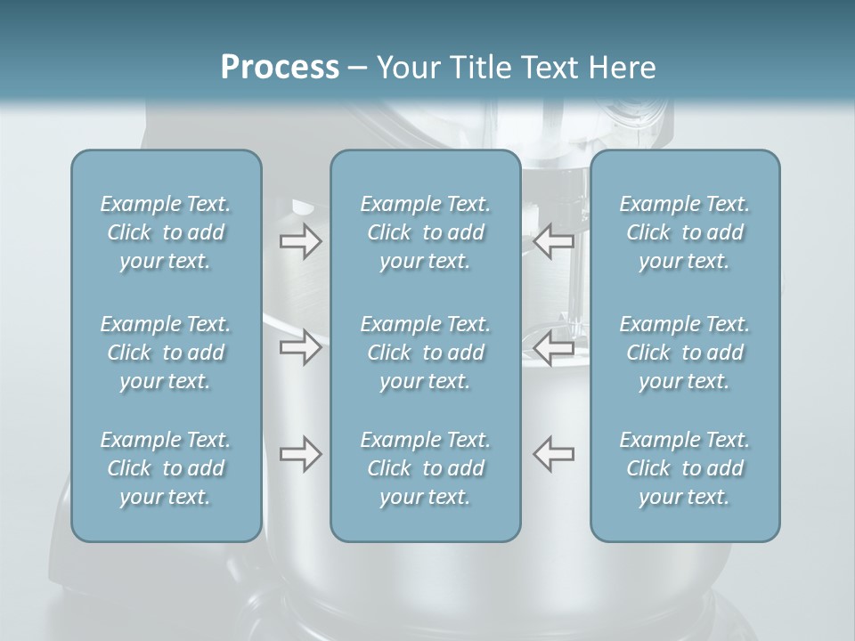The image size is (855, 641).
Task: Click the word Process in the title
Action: click(280, 68)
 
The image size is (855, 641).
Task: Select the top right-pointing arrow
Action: click(301, 241)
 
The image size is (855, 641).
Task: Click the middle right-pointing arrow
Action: click(301, 348)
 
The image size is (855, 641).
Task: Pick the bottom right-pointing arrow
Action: click(301, 454)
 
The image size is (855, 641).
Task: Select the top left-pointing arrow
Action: click(554, 241)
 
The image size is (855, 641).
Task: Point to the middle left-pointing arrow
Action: click(554, 348)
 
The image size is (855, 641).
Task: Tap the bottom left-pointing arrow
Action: click(554, 454)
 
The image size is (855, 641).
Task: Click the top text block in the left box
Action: click(166, 232)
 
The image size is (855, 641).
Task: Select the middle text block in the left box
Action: click(166, 353)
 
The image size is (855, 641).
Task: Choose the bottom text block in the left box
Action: click(166, 468)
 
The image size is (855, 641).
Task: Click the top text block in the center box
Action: click(426, 232)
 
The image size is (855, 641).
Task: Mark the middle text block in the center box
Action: click(426, 353)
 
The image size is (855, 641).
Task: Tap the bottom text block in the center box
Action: click(426, 468)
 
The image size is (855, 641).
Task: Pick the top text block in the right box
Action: click(685, 232)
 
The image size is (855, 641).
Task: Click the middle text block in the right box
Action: click(685, 353)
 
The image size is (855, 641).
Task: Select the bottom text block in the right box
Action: click(685, 468)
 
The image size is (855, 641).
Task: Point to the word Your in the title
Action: click(406, 68)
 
